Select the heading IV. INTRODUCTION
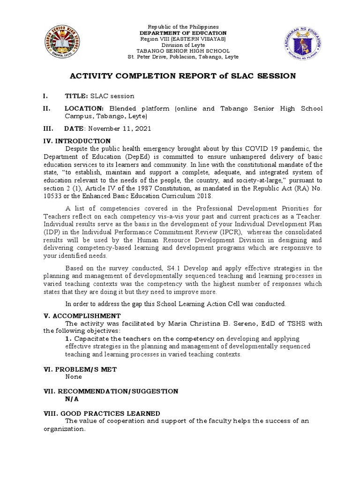click(x=83, y=141)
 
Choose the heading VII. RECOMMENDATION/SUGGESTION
click(x=117, y=391)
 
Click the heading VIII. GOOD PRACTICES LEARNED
click(x=108, y=413)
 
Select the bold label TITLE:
click(x=76, y=96)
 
